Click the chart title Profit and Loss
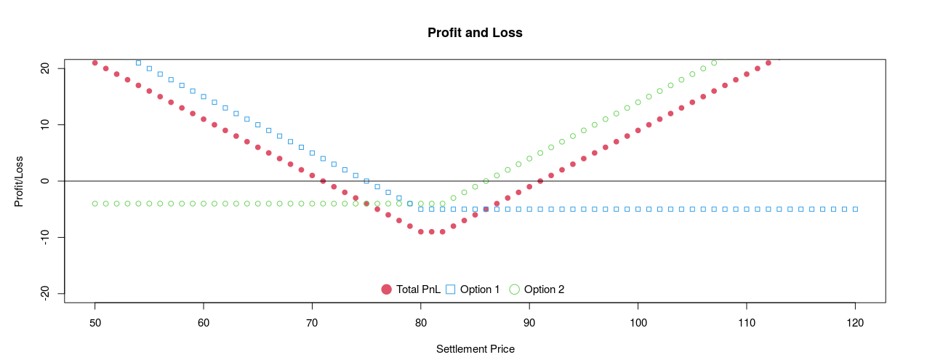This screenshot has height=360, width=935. [475, 33]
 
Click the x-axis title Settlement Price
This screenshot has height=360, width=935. [475, 349]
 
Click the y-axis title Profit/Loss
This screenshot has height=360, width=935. [20, 180]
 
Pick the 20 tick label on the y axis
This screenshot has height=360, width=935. [45, 68]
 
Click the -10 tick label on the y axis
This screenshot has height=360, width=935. [45, 237]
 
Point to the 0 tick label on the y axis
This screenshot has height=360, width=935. [45, 181]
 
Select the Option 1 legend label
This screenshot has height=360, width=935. [480, 289]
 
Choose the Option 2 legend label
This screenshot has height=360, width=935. [544, 289]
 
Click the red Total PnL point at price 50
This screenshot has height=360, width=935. [95, 63]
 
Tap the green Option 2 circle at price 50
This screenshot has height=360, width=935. [95, 204]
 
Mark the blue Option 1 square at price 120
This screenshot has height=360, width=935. [855, 209]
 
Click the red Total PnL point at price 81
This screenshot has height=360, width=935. [432, 231]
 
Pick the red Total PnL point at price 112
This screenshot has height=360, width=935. [768, 63]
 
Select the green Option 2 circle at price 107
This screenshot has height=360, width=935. [714, 63]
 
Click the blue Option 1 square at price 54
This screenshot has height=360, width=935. [138, 63]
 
